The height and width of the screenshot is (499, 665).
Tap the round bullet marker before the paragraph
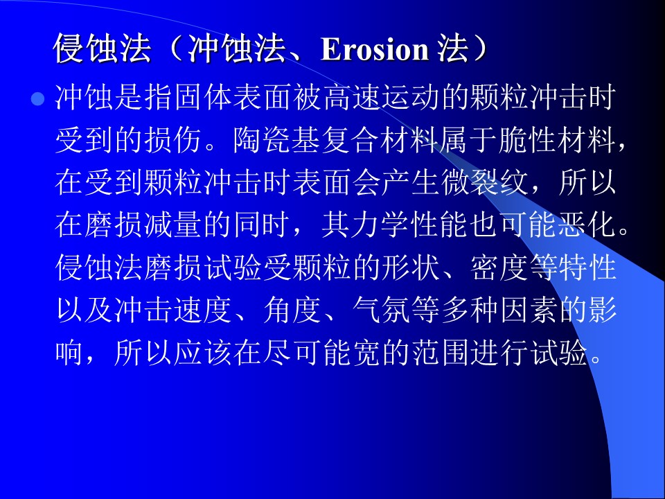pyautogui.click(x=37, y=99)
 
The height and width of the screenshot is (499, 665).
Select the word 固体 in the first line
pyautogui.click(x=188, y=98)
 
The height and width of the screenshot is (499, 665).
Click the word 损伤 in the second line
pyautogui.click(x=173, y=140)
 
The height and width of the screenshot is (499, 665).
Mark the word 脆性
pyautogui.click(x=528, y=140)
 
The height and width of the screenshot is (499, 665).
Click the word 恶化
pyautogui.click(x=587, y=225)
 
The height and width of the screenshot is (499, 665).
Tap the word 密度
pyautogui.click(x=499, y=268)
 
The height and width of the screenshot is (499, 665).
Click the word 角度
pyautogui.click(x=292, y=310)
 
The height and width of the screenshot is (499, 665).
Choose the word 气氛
pyautogui.click(x=381, y=310)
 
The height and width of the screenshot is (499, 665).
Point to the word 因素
pyautogui.click(x=529, y=310)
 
